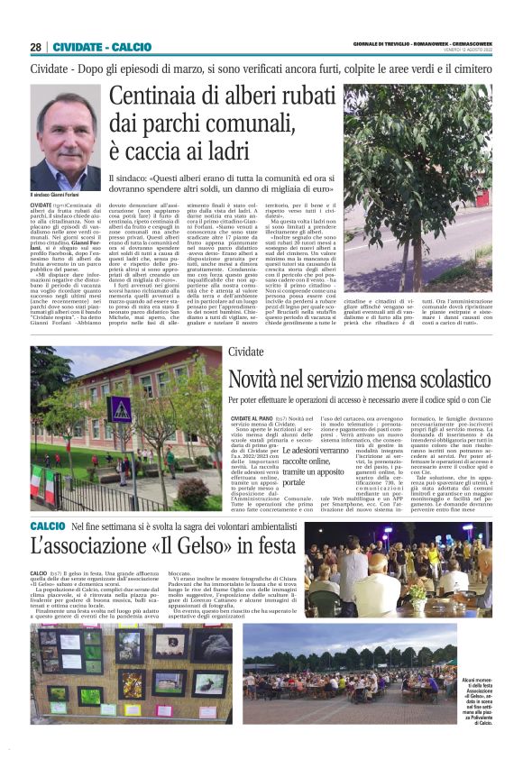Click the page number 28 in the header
pyautogui.click(x=36, y=47)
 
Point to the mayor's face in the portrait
pyautogui.click(x=66, y=131)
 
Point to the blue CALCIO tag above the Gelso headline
pyautogui.click(x=48, y=526)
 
